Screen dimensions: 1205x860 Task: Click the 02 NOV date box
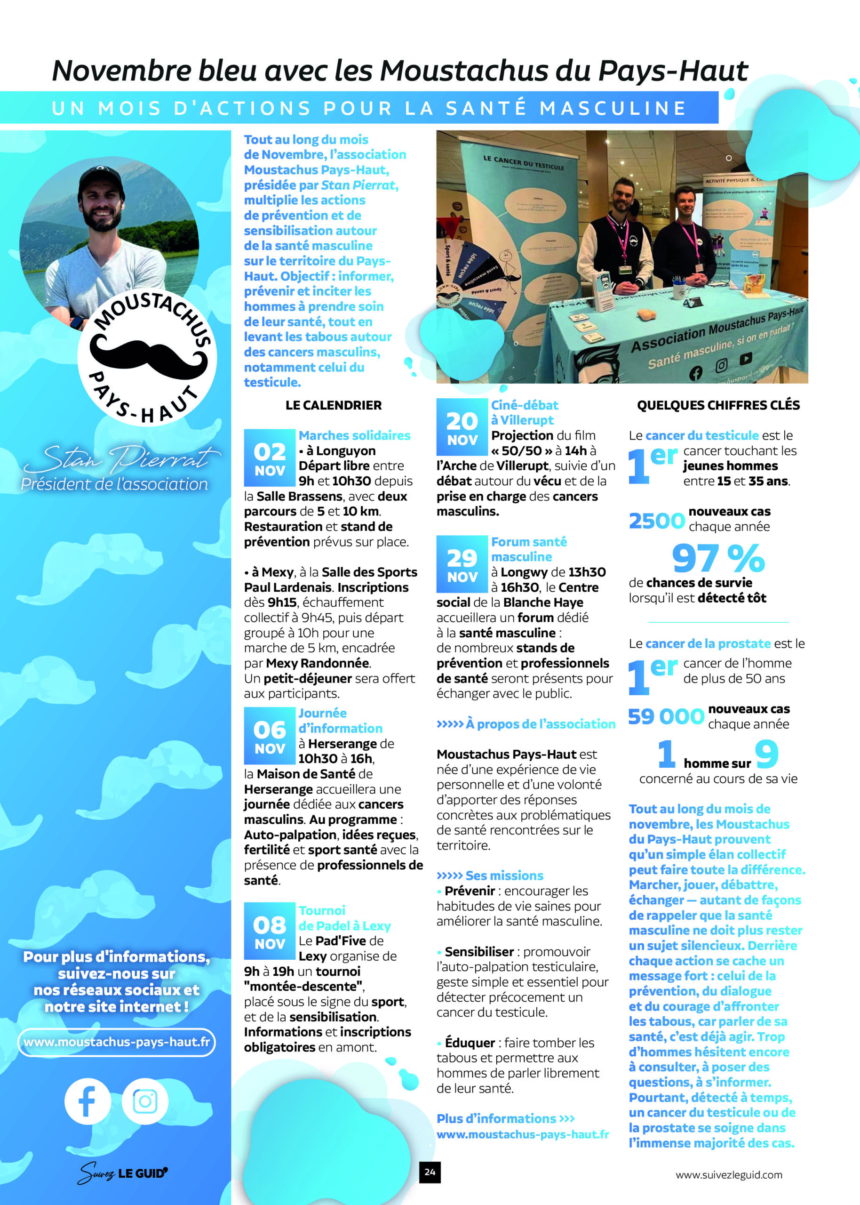(x=269, y=458)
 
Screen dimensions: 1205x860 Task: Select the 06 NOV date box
(x=269, y=736)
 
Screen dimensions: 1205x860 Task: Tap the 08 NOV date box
(x=269, y=931)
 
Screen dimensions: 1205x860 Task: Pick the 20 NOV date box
(x=462, y=427)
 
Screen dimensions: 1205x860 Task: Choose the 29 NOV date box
(x=462, y=564)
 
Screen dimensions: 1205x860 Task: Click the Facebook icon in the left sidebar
(x=88, y=1101)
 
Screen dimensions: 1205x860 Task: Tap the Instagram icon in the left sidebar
(x=144, y=1101)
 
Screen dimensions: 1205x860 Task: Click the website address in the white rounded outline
(x=117, y=1042)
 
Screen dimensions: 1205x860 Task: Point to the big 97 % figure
(x=718, y=558)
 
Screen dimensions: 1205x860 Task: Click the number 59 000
(x=666, y=716)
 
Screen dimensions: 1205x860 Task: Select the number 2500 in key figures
(x=657, y=521)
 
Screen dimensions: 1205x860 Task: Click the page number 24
(x=430, y=1172)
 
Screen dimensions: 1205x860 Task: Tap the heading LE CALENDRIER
(x=333, y=405)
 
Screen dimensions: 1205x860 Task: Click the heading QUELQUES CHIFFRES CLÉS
(x=718, y=405)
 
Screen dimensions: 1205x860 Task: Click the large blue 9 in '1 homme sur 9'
(x=766, y=754)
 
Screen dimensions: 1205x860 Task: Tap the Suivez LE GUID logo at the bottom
(x=122, y=1173)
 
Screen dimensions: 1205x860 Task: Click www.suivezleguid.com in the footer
(x=729, y=1175)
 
